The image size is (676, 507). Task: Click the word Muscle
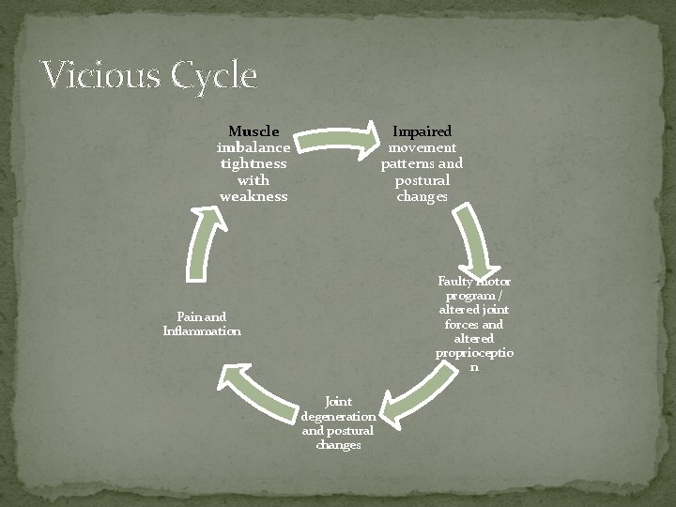tap(253, 131)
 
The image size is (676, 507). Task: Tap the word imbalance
tap(253, 147)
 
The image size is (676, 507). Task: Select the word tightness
tap(253, 163)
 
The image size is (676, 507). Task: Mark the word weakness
tap(253, 196)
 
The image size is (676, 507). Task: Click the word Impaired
tap(422, 131)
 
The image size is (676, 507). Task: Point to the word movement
tap(422, 147)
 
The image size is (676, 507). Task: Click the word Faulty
tap(456, 281)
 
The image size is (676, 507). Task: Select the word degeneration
tap(339, 416)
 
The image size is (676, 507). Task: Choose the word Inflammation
tap(202, 330)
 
